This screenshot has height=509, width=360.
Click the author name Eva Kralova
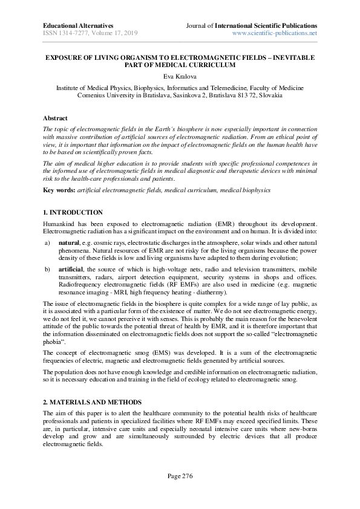tap(180, 77)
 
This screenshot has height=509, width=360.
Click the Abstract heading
tap(55, 118)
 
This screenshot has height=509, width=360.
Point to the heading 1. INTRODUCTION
tap(73, 213)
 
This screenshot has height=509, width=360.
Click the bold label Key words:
tap(59, 190)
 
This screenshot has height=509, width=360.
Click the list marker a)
tap(47, 241)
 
